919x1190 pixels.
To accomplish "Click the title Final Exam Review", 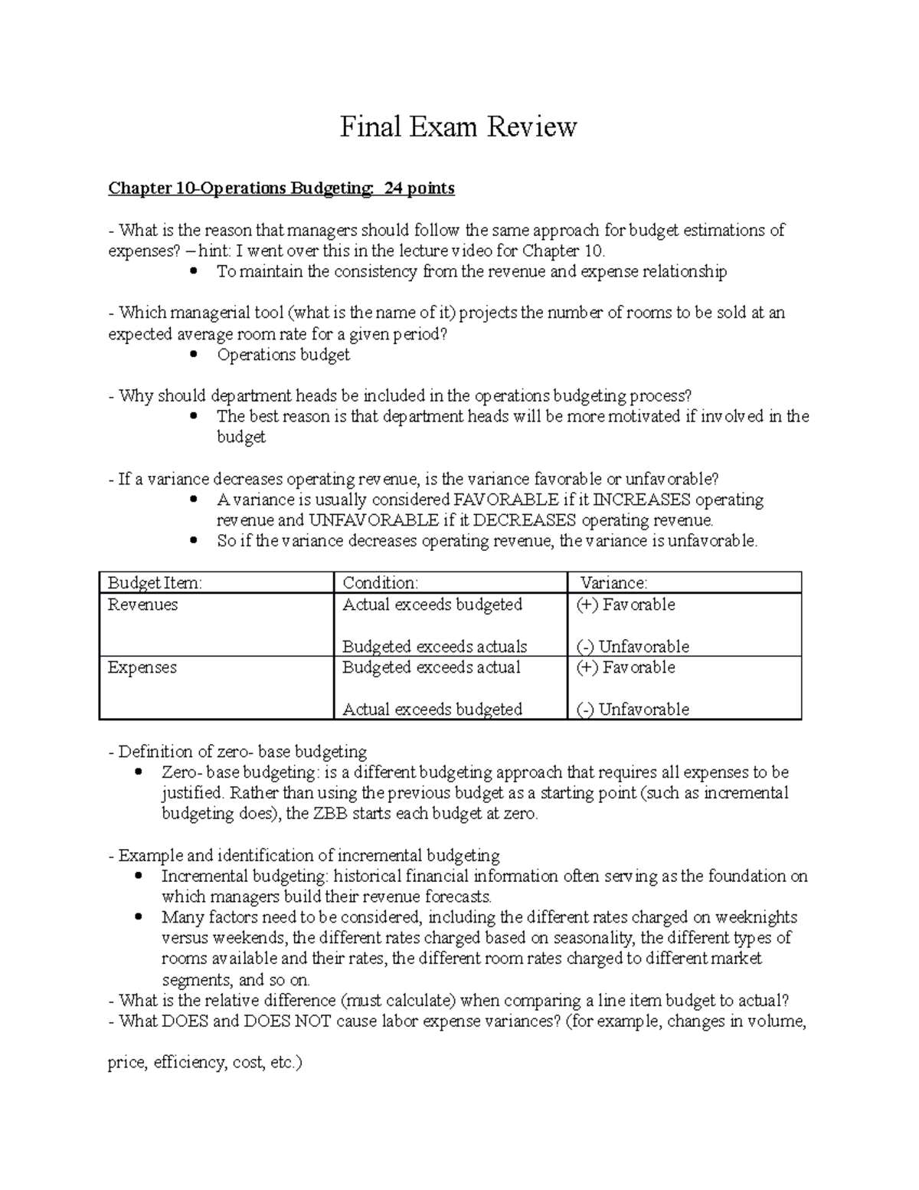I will point(458,126).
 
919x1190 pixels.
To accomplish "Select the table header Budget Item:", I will point(155,583).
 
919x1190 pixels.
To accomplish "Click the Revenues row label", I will point(142,605).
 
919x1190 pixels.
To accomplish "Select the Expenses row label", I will point(142,667).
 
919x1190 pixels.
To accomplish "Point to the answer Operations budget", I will point(283,355).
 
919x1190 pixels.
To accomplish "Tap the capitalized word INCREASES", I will point(643,500).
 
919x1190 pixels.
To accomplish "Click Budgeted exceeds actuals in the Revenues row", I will point(434,647).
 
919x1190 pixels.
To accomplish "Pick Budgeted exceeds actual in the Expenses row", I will point(431,667).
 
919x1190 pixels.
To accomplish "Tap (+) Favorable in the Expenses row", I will point(626,667).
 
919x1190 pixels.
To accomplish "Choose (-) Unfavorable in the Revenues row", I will point(633,647).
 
